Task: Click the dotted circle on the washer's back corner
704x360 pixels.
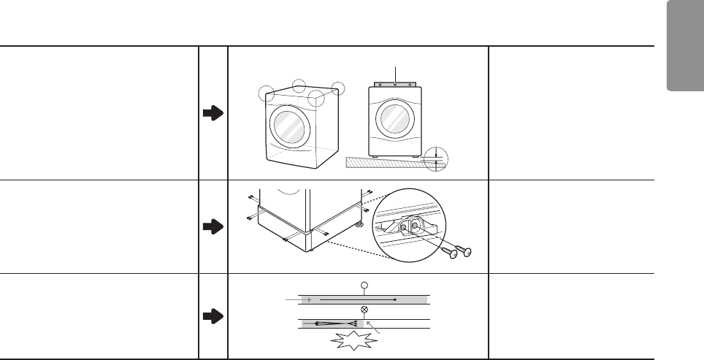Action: click(298, 86)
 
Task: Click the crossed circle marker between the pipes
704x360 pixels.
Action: click(363, 310)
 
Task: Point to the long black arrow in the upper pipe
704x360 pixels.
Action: click(358, 299)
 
